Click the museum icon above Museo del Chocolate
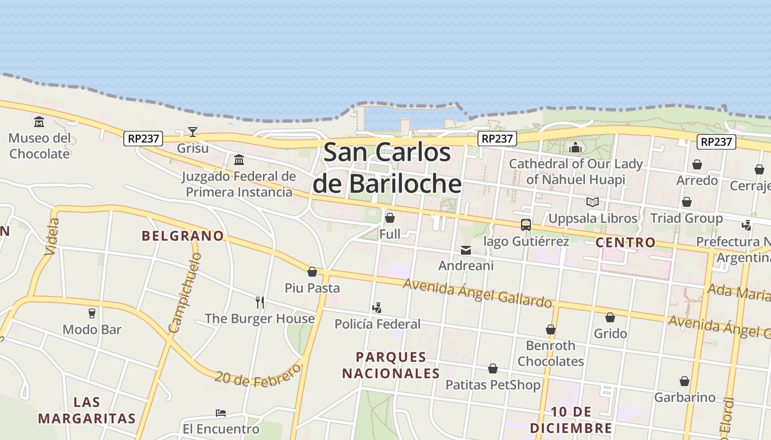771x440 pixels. point(39,122)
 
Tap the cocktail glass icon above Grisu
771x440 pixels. point(193,131)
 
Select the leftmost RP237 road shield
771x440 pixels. point(143,139)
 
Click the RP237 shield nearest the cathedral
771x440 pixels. point(497,139)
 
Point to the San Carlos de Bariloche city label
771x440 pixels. point(387,168)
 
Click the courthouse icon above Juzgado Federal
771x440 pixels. point(239,160)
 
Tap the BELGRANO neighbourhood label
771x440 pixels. point(183,236)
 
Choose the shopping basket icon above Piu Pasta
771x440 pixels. point(312,272)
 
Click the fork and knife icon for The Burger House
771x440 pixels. point(260,302)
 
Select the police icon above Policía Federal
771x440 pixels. point(377,307)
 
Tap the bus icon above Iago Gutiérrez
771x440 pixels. point(526,225)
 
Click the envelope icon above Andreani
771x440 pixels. point(466,250)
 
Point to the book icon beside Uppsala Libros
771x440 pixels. point(592,202)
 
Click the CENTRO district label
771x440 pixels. point(626,243)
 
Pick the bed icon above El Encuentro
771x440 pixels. point(221,413)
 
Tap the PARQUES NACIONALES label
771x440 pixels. point(391,365)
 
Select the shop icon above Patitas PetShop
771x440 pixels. point(493,369)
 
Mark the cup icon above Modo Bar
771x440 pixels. point(92,313)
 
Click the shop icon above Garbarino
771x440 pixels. point(685,381)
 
